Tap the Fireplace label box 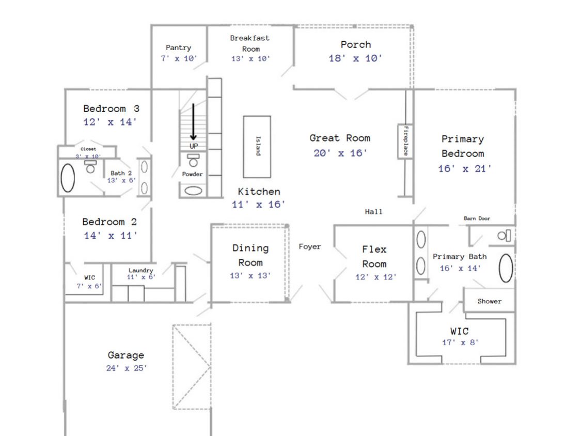click(x=405, y=141)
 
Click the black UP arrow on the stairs click(x=193, y=122)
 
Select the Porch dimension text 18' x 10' click(x=355, y=58)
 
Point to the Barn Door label click(x=477, y=219)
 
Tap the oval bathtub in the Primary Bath click(x=506, y=268)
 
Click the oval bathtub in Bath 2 click(x=68, y=178)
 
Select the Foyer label click(x=310, y=246)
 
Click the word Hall click(x=373, y=212)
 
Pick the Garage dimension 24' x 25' click(x=127, y=368)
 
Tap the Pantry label click(x=178, y=48)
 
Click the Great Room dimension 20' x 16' click(x=340, y=153)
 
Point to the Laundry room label click(x=141, y=270)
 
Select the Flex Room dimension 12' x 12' click(x=376, y=277)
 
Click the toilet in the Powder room click(x=193, y=161)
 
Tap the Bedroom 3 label click(x=111, y=108)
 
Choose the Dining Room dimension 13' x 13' click(x=250, y=275)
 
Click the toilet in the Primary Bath click(x=504, y=236)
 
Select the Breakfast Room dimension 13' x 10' click(x=251, y=58)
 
